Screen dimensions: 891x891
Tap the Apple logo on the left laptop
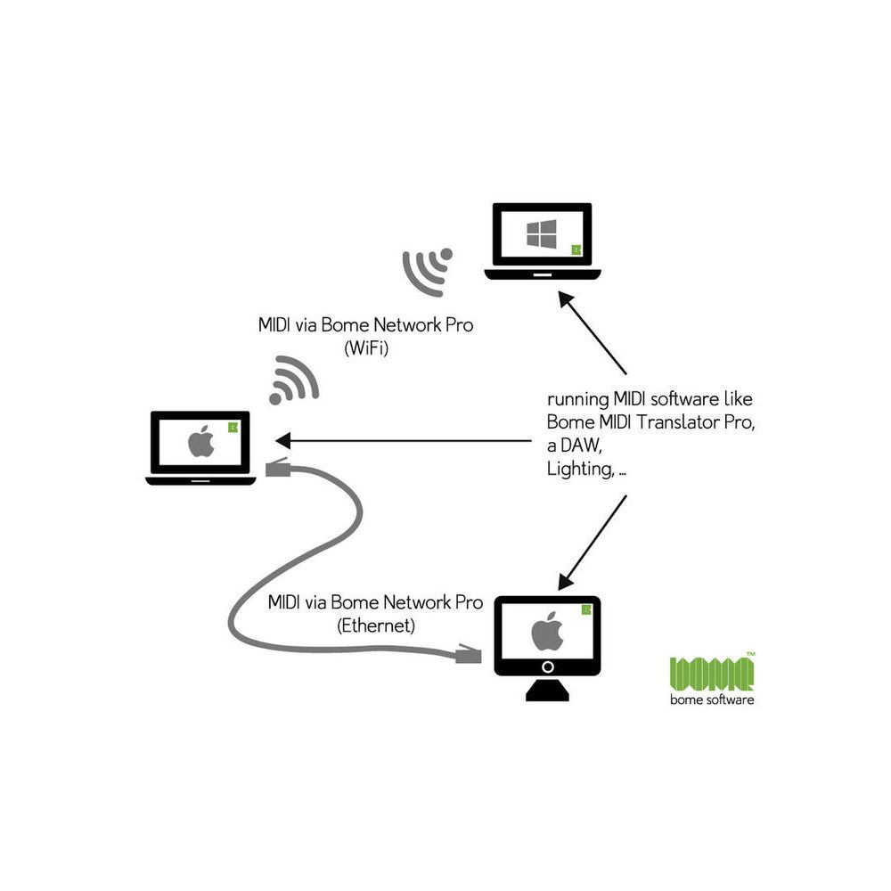point(200,442)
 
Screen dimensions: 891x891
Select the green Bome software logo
point(712,672)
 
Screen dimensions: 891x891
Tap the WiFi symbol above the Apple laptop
point(293,380)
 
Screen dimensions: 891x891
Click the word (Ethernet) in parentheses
point(376,625)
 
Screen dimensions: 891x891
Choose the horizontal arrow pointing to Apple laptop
point(401,441)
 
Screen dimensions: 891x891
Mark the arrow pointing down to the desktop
point(593,541)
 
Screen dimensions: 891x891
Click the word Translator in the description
point(674,421)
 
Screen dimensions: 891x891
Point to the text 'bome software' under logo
point(712,700)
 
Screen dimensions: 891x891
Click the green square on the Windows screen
point(576,249)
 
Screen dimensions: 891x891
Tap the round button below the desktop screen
point(548,666)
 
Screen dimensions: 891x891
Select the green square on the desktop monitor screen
point(586,610)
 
